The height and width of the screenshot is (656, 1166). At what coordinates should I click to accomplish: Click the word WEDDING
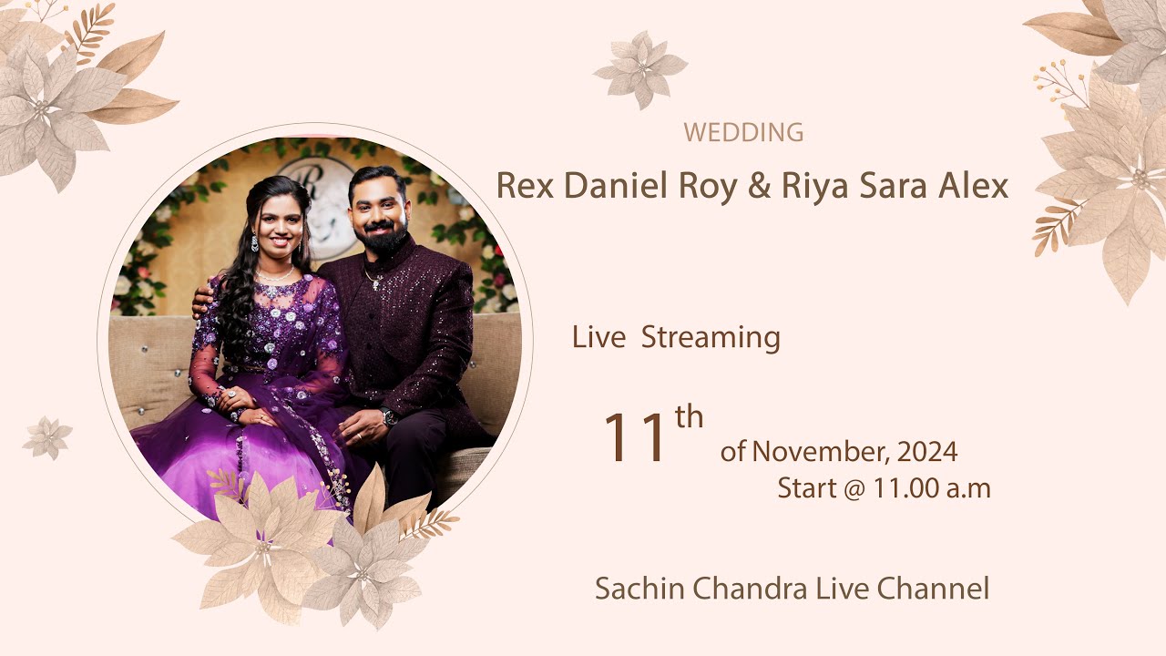click(743, 133)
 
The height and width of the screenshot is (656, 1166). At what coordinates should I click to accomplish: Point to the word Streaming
click(711, 338)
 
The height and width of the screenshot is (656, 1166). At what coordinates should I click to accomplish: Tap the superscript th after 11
click(689, 417)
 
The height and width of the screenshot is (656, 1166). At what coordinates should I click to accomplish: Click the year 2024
click(927, 451)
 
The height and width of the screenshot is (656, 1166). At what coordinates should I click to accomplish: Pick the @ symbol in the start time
click(853, 489)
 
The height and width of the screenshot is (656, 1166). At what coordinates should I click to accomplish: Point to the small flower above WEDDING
click(640, 68)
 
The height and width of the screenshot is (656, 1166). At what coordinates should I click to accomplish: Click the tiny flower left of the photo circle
click(46, 437)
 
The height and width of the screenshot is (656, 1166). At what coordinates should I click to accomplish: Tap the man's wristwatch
click(390, 417)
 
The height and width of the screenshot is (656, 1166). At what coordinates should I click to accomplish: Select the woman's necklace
click(274, 273)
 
